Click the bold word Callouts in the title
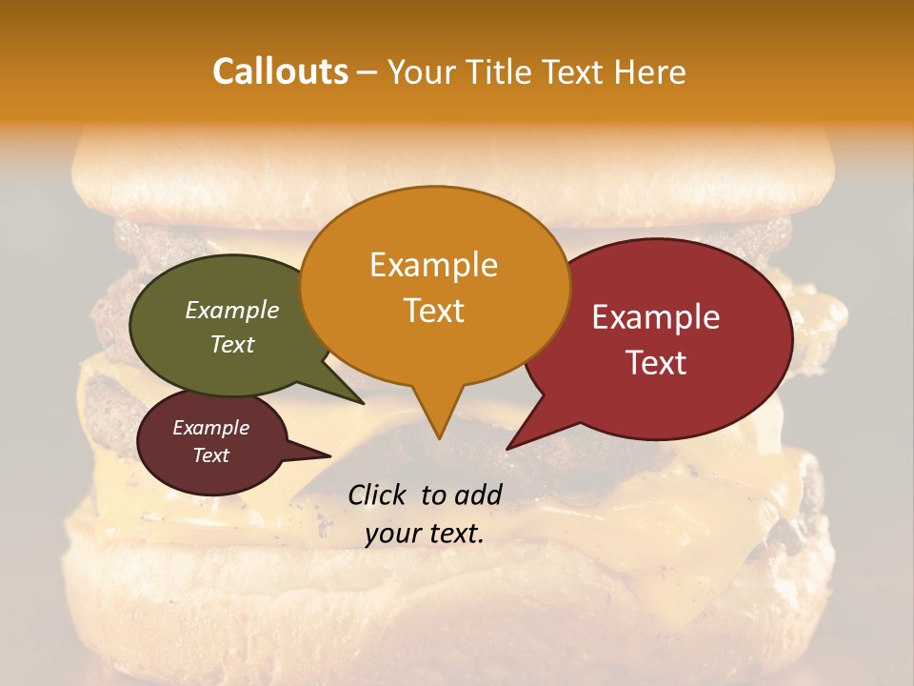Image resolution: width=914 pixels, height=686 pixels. coord(280,71)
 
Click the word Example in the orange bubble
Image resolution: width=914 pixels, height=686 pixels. coord(433,265)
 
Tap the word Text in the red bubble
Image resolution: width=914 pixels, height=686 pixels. coord(656,363)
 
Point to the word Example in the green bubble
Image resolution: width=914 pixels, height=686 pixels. coord(232,310)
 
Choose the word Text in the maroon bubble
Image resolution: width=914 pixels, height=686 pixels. coord(211,455)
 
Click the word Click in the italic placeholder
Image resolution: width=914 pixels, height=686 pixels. coord(378,494)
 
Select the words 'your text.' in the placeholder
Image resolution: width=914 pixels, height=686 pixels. coord(425,534)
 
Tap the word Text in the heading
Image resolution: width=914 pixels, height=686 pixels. coord(571,71)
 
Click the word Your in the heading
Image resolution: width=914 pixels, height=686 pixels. coord(420,71)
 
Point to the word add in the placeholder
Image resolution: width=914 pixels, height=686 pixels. coord(478,494)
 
